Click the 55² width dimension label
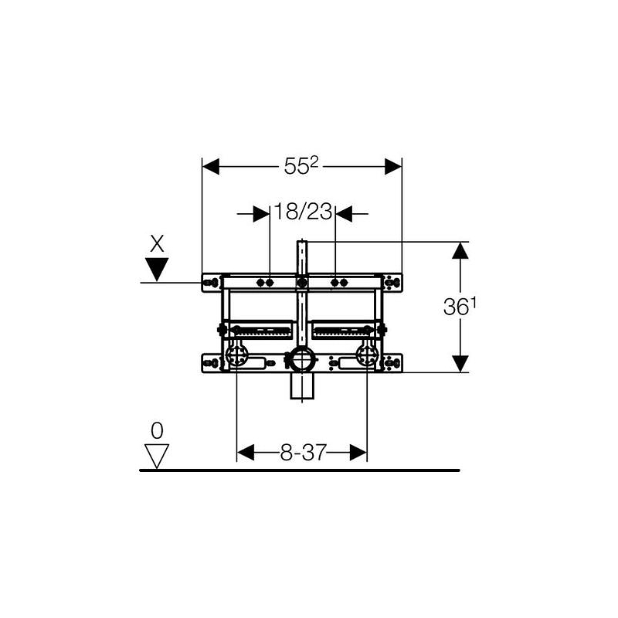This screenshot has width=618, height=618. tap(301, 165)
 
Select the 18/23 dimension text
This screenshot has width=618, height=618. tap(303, 212)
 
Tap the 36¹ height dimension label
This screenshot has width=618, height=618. tap(460, 306)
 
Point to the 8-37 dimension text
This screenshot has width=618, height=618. tap(304, 453)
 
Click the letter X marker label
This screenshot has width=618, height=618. tap(157, 243)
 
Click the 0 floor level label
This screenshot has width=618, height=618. tap(157, 431)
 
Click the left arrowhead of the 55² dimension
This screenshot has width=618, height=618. tap(211, 167)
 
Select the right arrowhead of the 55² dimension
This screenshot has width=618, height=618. tap(393, 167)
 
